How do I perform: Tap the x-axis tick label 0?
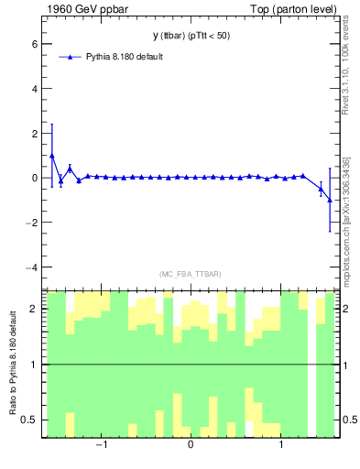click(191, 446)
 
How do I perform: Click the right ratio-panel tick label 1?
click(346, 365)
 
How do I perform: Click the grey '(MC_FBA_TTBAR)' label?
click(191, 274)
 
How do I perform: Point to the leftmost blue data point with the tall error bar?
click(52, 156)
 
